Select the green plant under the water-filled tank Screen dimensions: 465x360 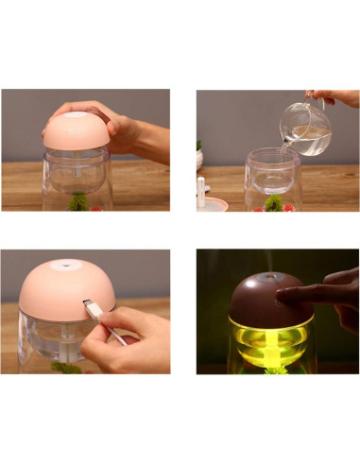pos(274,202)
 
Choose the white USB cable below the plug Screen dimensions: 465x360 pos(117,336)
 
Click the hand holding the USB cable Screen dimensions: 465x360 pos(132,340)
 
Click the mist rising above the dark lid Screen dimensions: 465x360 pos(267,260)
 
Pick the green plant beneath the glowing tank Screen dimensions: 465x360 pos(275,369)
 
